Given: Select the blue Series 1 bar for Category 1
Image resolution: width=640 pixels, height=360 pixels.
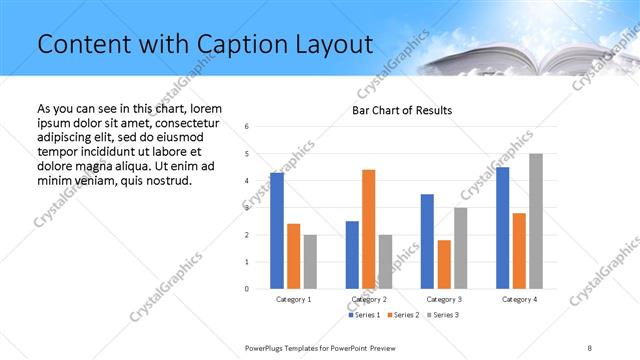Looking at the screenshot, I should (277, 231).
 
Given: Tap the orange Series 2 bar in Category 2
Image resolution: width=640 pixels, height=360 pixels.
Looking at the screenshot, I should (369, 229).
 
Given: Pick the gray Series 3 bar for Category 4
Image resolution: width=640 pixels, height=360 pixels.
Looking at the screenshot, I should (536, 221).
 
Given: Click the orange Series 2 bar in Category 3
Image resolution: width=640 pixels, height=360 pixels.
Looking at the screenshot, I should (444, 264).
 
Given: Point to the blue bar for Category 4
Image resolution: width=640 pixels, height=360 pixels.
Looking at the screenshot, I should (503, 228).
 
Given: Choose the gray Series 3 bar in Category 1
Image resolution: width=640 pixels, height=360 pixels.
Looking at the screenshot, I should (311, 262).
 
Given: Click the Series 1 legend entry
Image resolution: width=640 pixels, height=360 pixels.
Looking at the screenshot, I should (364, 315).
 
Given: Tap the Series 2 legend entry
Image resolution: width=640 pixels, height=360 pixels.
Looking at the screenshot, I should (402, 315).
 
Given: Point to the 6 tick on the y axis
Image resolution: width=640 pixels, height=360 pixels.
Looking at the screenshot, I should (247, 127).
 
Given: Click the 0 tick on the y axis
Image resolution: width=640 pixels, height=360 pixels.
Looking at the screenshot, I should (247, 289).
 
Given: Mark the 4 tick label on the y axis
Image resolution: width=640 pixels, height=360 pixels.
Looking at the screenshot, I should (247, 181).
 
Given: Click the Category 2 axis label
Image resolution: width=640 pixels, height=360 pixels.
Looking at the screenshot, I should (369, 299).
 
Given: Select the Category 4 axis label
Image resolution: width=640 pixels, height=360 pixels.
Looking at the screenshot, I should (519, 299).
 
